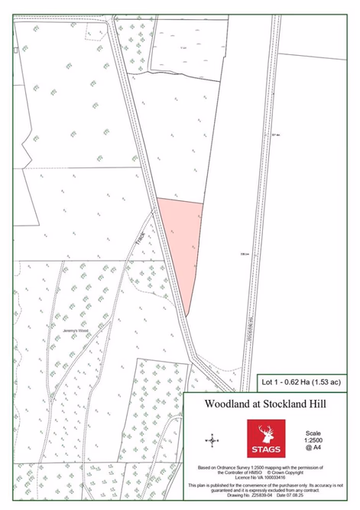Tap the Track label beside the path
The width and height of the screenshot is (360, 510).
pyautogui.click(x=139, y=239)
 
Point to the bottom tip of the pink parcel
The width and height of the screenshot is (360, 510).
pyautogui.click(x=186, y=314)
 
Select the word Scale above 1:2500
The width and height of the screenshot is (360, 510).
pyautogui.click(x=313, y=433)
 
